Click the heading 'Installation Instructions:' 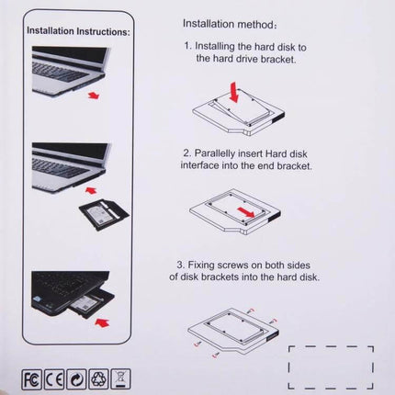click(x=78, y=30)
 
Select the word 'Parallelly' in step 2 click(x=224, y=152)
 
